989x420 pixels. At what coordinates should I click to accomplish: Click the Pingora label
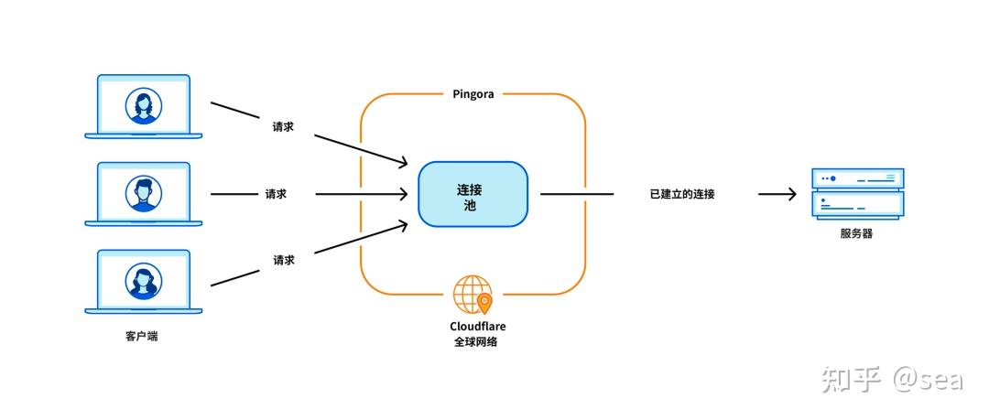coord(473,94)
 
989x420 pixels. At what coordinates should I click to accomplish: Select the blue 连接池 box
coord(473,194)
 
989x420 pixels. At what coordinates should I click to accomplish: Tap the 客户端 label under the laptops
coord(142,336)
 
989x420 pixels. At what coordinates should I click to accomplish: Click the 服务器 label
coord(856,233)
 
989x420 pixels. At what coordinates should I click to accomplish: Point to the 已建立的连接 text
coord(682,194)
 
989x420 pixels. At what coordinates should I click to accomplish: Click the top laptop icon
coord(144,106)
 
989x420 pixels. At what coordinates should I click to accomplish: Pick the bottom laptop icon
coord(144,282)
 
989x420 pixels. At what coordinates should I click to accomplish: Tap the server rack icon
coord(857,193)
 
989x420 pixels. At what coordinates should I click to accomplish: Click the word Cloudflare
coord(477,326)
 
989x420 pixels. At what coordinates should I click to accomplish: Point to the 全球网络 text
coord(476,342)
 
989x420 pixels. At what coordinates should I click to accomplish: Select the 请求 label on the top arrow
coord(283,127)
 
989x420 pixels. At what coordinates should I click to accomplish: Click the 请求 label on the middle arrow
coord(276,194)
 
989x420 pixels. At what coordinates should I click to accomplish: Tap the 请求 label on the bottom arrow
coord(284,260)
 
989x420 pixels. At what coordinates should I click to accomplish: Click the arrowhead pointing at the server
coord(790,194)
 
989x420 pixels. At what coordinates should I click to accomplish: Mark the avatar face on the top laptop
coord(144,104)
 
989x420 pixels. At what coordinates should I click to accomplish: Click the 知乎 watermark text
coord(851,378)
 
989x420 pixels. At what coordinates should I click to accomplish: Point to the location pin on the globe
coord(484,301)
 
